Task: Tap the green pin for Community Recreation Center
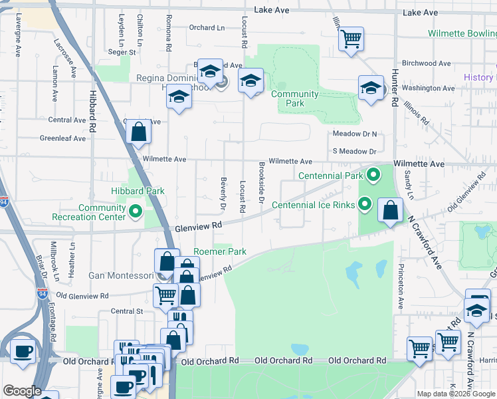[136, 212]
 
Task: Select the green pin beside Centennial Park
[373, 176]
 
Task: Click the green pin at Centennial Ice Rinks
[365, 205]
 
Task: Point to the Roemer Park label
[220, 252]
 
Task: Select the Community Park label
[295, 98]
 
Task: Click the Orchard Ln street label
[206, 27]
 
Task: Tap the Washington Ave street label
[428, 88]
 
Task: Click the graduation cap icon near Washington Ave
[371, 87]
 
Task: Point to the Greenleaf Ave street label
[63, 138]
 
